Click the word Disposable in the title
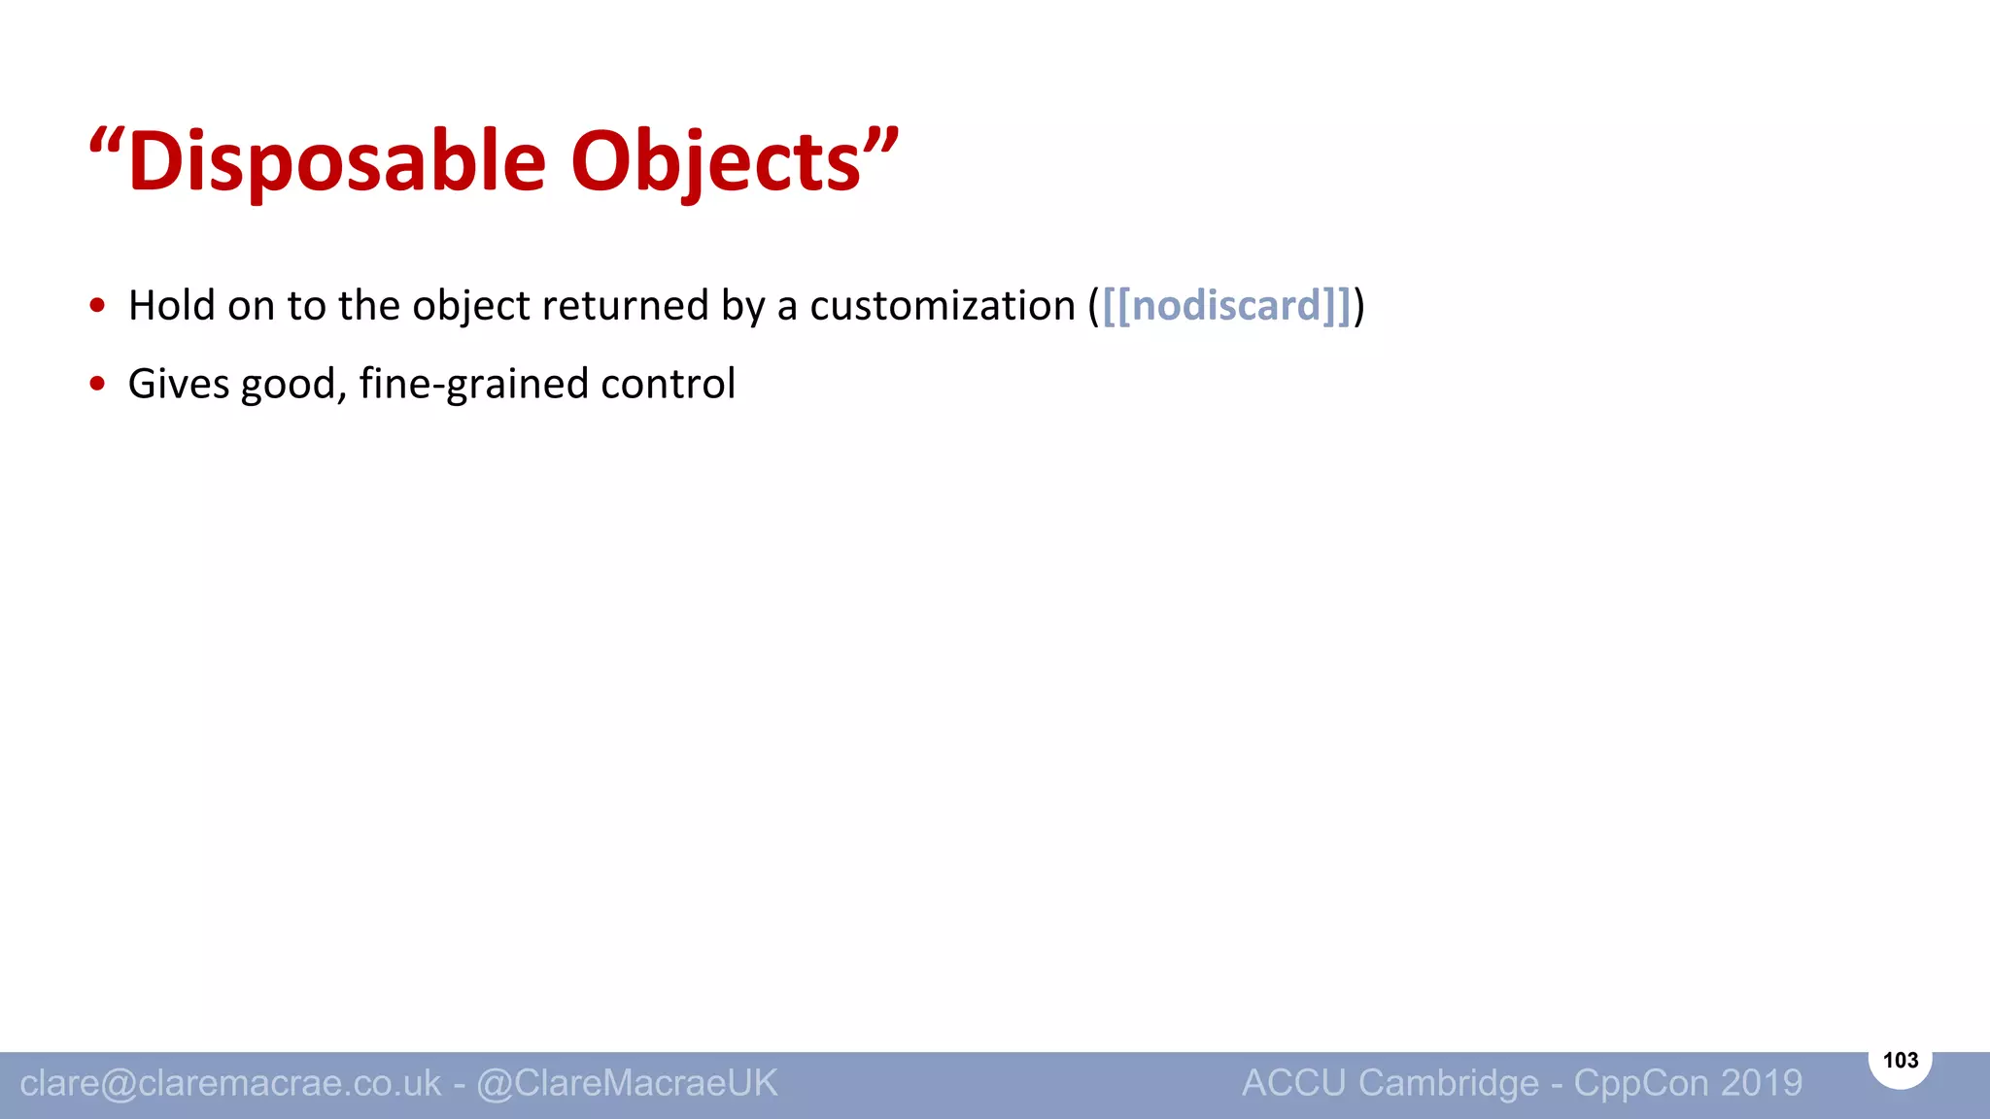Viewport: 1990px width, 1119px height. coord(337,161)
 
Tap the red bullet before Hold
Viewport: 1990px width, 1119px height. coord(97,306)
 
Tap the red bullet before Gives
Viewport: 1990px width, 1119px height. coord(97,384)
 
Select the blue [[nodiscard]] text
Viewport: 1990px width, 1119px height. coord(1227,306)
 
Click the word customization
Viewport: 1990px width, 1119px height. coord(943,306)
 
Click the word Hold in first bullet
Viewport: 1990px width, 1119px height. coord(172,306)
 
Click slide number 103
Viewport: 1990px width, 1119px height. coord(1900,1060)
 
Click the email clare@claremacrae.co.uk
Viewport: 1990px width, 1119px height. coord(230,1083)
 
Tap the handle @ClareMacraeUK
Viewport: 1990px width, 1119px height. coord(627,1083)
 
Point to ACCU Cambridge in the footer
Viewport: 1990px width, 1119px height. coord(1390,1083)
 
